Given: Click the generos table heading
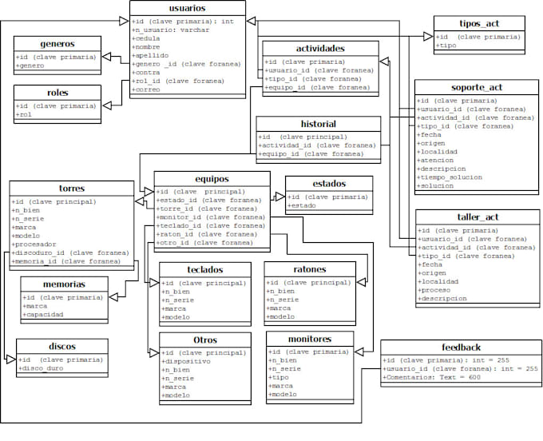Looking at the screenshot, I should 57,43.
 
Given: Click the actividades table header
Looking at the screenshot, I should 319,48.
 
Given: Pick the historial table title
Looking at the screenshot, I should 318,124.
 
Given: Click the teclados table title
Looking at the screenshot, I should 205,270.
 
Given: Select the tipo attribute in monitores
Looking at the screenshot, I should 280,378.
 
